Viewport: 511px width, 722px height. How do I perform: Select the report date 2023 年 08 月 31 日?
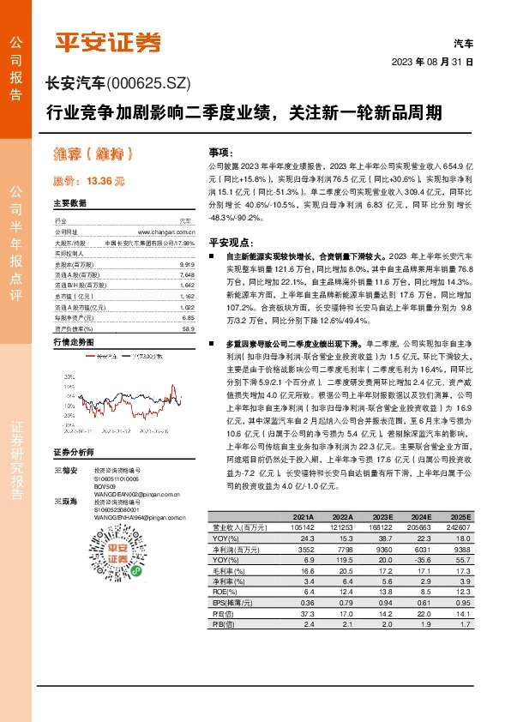432,63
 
